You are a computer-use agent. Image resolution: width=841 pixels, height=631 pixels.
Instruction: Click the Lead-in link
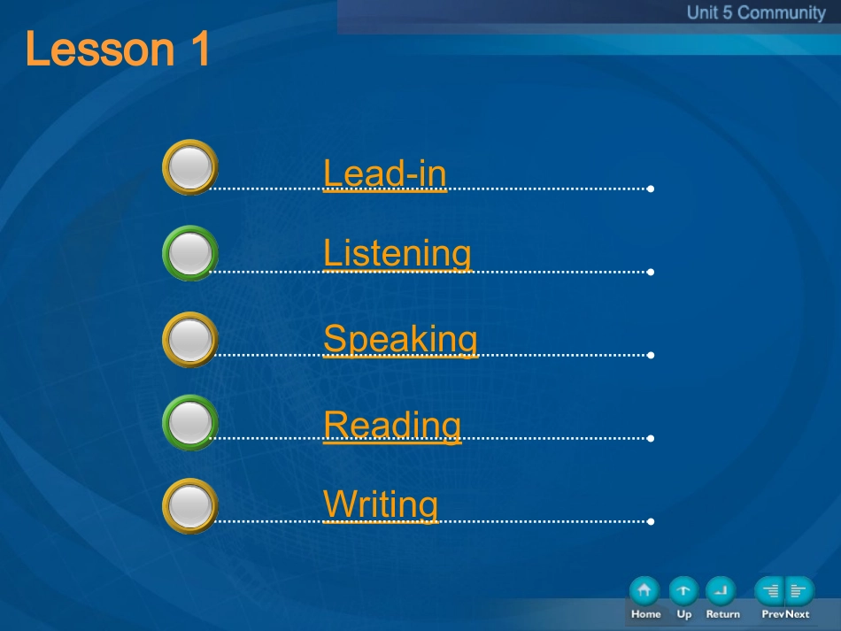(x=385, y=173)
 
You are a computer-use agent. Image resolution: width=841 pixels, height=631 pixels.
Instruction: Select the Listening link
(x=397, y=254)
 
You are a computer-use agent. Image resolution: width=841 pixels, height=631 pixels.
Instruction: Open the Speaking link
(x=401, y=339)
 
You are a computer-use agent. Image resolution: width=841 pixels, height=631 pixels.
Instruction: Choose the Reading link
(x=392, y=425)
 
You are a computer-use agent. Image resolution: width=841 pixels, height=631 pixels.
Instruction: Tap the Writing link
(x=381, y=504)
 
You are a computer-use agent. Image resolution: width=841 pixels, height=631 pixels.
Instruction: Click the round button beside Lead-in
(x=189, y=166)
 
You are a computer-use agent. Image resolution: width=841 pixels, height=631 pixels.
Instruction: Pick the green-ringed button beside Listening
(x=189, y=252)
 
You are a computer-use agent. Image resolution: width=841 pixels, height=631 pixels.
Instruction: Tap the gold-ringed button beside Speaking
(x=189, y=339)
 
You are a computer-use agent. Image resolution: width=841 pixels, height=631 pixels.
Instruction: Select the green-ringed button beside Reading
(x=189, y=422)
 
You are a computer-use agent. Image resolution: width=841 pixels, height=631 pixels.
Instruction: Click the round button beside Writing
(x=189, y=505)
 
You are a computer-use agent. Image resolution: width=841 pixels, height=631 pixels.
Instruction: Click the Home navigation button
(x=644, y=591)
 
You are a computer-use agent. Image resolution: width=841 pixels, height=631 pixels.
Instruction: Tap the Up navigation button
(x=683, y=591)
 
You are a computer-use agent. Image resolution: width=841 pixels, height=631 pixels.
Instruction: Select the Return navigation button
(x=721, y=591)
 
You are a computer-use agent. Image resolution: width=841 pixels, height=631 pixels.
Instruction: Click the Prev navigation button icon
(x=769, y=591)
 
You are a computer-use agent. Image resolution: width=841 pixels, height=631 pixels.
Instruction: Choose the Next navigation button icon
(x=799, y=591)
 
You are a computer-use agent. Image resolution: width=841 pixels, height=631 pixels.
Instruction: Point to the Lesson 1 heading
(x=118, y=49)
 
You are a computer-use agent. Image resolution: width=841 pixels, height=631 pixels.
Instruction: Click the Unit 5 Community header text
(x=756, y=12)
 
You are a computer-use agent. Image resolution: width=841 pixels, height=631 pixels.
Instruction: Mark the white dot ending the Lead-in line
(x=651, y=189)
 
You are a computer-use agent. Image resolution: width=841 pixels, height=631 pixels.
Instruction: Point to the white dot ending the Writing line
(x=651, y=521)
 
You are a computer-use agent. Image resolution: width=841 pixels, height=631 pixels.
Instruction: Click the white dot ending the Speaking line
(x=651, y=355)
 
